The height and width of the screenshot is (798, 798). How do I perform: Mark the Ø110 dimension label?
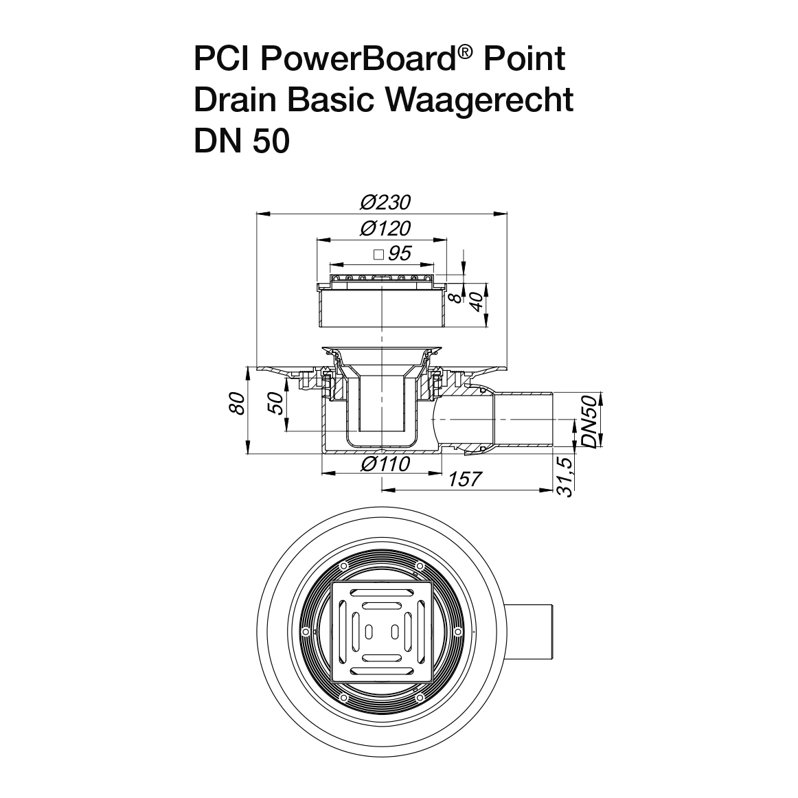pos(385,464)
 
